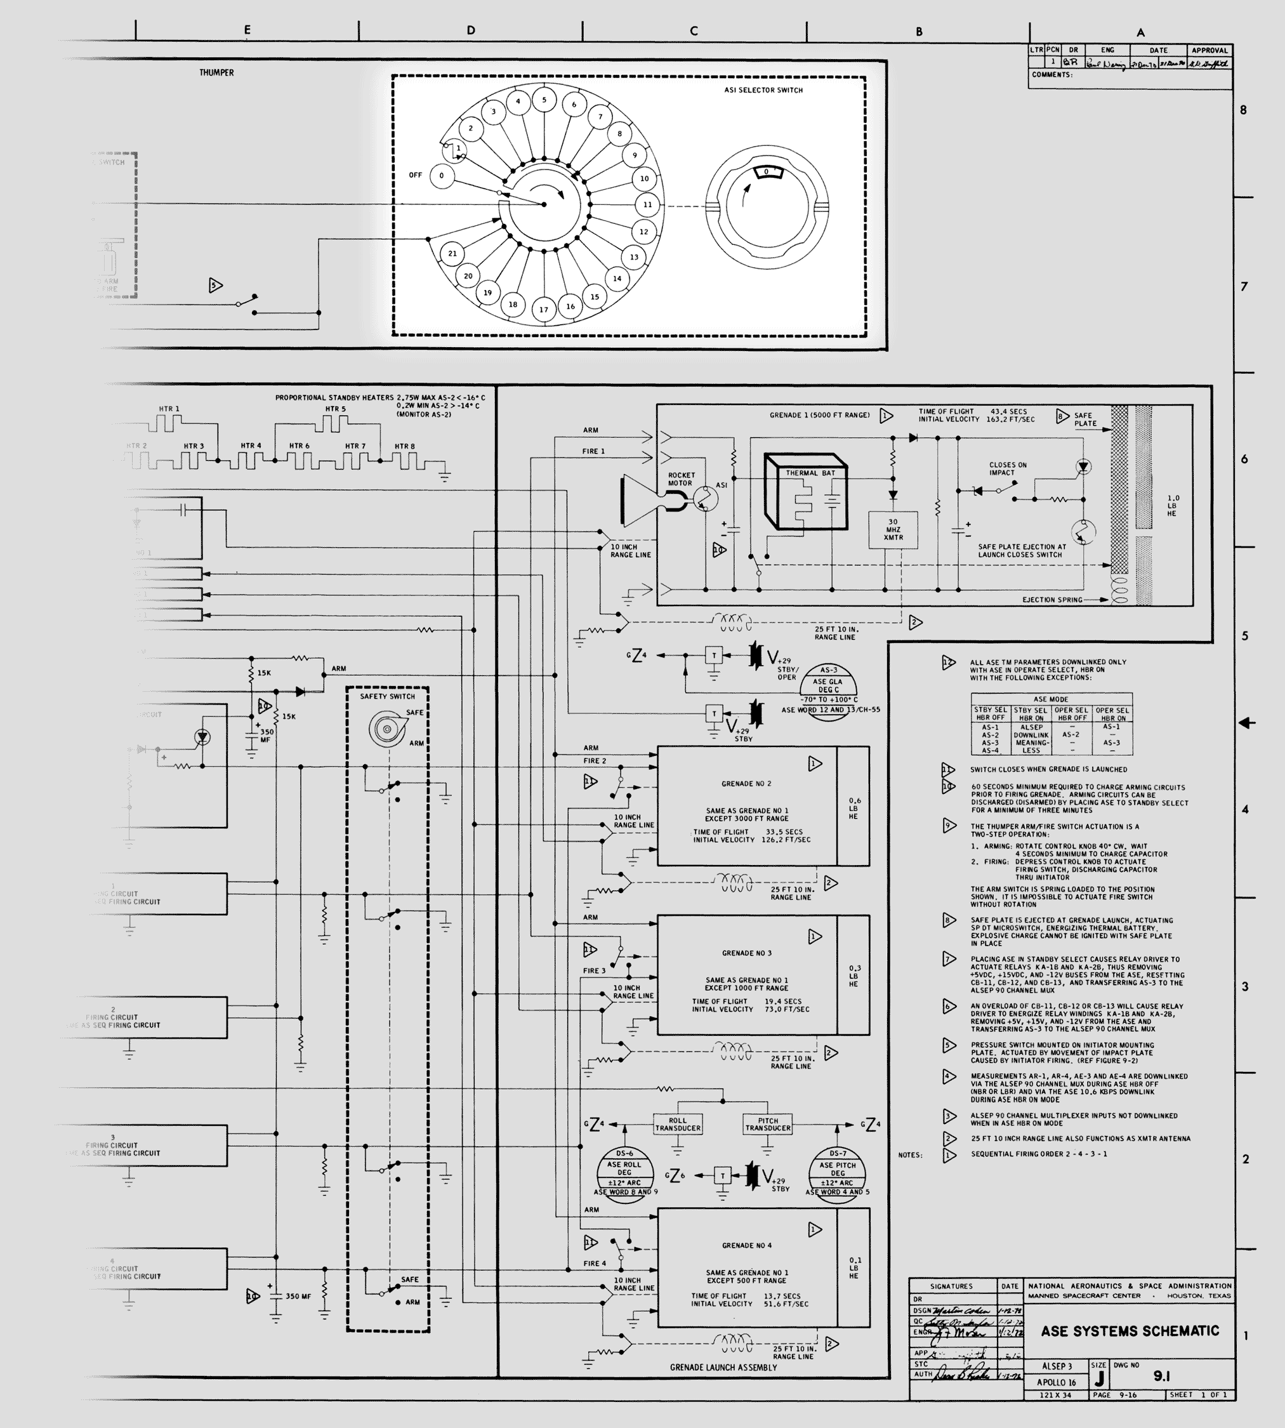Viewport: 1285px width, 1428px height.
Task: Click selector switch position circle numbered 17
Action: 544,309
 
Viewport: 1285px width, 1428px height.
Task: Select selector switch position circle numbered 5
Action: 544,100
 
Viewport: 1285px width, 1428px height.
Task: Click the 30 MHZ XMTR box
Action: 893,530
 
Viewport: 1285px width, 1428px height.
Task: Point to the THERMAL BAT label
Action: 810,473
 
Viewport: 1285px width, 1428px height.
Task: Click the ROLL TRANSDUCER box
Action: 678,1125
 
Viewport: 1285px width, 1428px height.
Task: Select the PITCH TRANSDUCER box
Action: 768,1125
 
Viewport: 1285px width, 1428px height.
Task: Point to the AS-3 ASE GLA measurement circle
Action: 828,689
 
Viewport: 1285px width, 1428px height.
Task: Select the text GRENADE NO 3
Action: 746,953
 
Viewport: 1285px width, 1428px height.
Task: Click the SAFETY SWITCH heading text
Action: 388,696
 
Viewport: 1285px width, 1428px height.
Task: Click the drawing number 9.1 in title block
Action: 1161,1376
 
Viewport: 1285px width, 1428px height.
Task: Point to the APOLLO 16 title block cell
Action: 1057,1382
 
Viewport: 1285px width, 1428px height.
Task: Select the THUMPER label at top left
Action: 216,73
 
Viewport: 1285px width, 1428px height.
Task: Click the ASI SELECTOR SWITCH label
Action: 763,90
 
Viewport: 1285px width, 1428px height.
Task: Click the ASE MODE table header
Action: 1051,699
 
